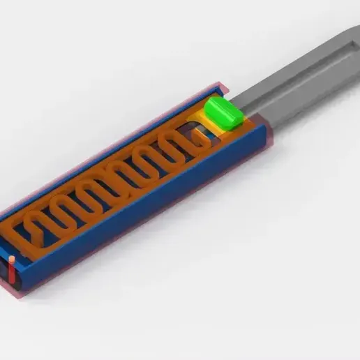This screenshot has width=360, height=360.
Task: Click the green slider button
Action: (223, 113)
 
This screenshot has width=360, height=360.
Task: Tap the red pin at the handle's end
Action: (12, 269)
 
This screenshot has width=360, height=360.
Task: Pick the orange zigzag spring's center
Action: (115, 181)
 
